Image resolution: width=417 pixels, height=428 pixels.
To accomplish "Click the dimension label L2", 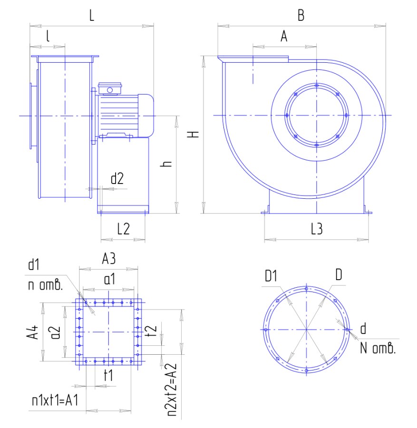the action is pyautogui.click(x=123, y=228).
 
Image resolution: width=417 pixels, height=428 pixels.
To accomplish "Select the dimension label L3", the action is pyautogui.click(x=317, y=229).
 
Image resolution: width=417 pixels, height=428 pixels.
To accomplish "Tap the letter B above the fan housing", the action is pyautogui.click(x=301, y=15).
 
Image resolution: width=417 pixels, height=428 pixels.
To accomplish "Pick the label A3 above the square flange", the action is pyautogui.click(x=108, y=258).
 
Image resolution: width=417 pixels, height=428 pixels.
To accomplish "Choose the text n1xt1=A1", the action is pyautogui.click(x=55, y=400).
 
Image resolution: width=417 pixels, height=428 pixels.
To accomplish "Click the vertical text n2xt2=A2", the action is pyautogui.click(x=172, y=390).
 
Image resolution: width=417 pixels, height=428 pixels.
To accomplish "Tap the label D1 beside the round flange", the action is pyautogui.click(x=271, y=276).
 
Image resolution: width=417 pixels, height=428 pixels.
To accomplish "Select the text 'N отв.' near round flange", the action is pyautogui.click(x=378, y=348).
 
